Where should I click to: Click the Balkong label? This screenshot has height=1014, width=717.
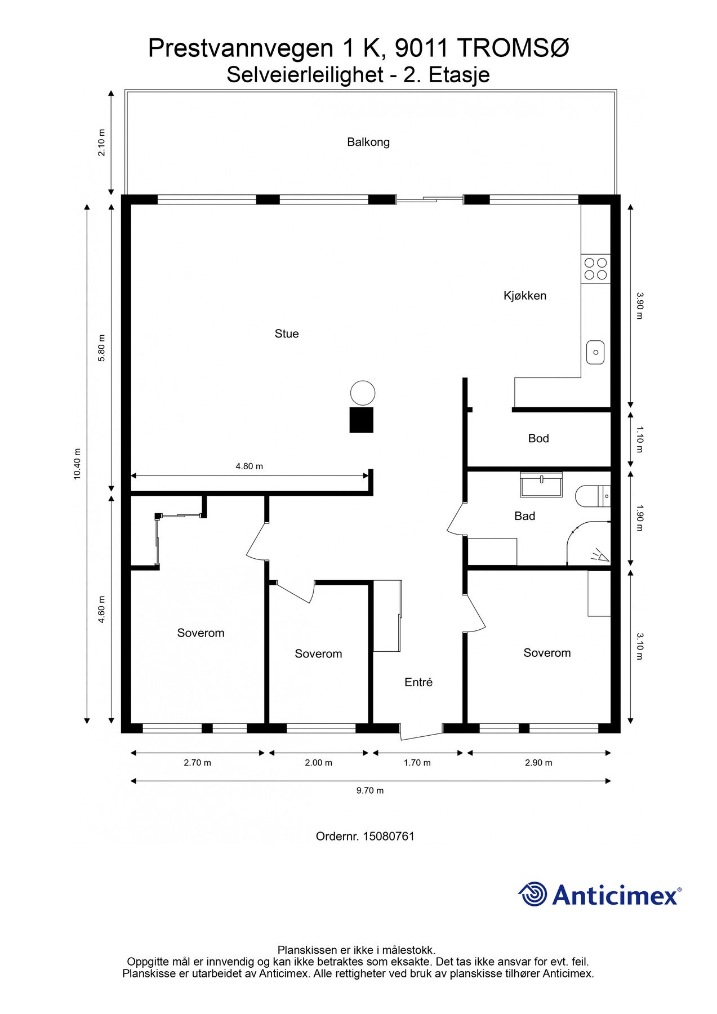(368, 142)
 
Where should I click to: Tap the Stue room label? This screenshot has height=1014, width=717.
(287, 333)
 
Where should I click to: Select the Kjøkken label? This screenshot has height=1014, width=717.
(525, 296)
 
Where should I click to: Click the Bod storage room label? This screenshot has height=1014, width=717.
(538, 438)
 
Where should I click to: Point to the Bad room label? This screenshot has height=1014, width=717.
(524, 516)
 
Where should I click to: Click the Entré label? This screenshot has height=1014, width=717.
(418, 682)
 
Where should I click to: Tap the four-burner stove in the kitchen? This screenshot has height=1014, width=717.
(596, 269)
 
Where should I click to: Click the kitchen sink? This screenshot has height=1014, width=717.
(595, 352)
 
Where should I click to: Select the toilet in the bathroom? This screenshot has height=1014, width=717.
(593, 496)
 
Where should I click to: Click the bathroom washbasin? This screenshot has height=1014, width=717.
(541, 484)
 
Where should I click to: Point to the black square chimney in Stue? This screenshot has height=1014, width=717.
(362, 420)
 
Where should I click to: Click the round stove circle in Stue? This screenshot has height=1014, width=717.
(363, 393)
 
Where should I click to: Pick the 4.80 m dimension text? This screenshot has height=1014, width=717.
(249, 466)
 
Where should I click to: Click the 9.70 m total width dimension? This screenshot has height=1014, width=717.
(370, 790)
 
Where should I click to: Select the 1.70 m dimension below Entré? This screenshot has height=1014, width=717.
(417, 763)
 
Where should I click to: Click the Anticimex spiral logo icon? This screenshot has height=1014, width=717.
(533, 894)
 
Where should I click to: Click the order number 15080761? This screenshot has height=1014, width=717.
(389, 836)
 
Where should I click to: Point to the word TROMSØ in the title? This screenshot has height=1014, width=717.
(513, 49)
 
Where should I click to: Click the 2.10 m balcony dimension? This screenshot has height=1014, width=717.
(101, 143)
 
